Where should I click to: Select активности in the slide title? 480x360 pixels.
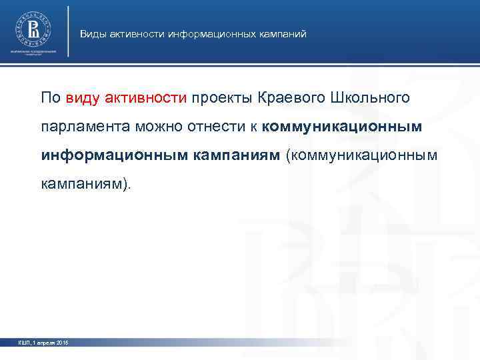(137, 33)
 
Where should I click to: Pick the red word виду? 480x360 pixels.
(83, 99)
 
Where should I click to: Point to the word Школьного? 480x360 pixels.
(371, 99)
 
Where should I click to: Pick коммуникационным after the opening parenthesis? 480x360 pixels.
(361, 155)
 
